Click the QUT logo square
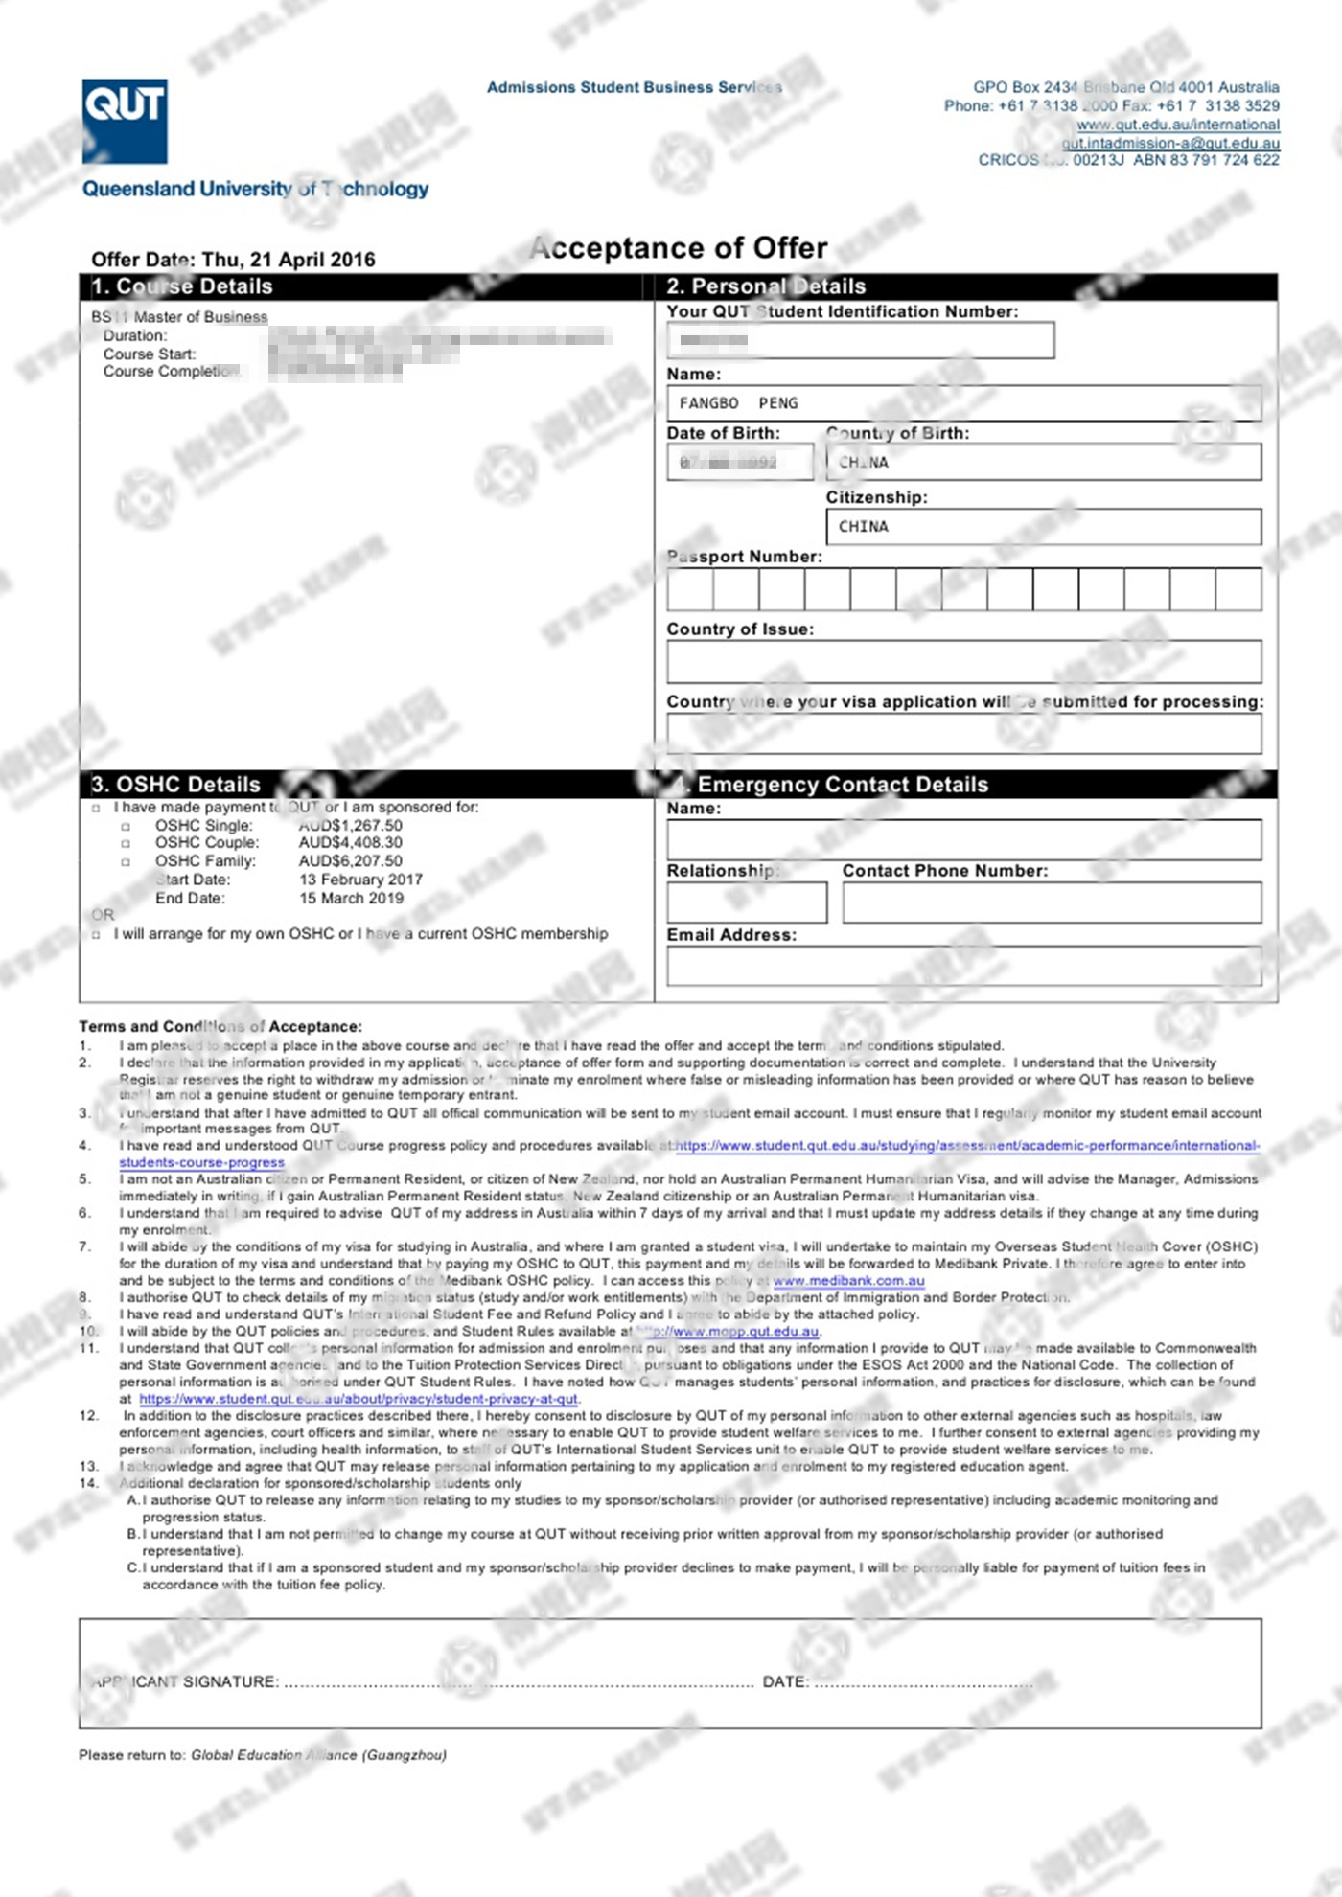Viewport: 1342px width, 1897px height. point(125,121)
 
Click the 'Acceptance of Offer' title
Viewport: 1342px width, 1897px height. point(679,248)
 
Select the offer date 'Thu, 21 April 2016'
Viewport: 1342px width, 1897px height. point(289,260)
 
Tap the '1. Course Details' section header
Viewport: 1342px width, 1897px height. point(182,286)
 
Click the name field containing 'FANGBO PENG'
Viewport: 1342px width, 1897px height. point(963,403)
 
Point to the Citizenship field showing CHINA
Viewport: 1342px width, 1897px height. point(1043,527)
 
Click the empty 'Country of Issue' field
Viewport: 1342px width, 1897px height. point(963,662)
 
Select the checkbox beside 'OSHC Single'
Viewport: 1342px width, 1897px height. point(126,827)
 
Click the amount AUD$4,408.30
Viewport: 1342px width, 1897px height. point(351,843)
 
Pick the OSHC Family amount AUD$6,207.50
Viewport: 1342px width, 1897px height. point(351,861)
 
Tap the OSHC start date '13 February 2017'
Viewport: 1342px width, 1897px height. point(360,880)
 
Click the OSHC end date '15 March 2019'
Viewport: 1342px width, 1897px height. point(351,899)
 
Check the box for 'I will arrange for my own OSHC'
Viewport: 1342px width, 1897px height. point(96,935)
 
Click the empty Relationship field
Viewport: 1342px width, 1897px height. point(747,903)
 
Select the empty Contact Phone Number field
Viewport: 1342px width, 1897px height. point(1052,903)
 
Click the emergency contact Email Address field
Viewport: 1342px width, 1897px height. point(963,967)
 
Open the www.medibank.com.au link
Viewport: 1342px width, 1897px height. point(848,1281)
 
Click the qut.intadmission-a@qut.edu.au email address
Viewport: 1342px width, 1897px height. point(1169,143)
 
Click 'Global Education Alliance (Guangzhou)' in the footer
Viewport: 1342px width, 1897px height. point(318,1755)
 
